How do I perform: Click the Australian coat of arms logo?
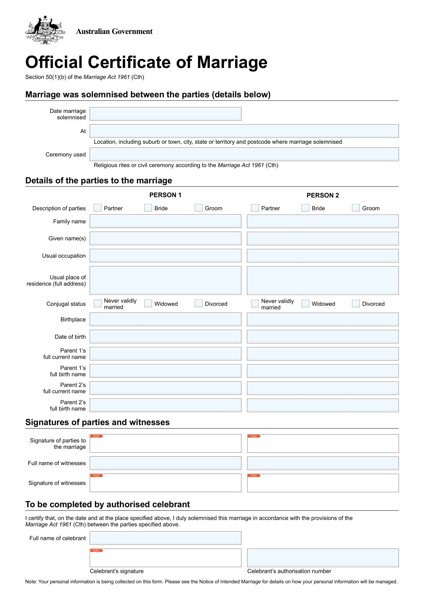click(45, 30)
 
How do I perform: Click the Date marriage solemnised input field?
click(165, 114)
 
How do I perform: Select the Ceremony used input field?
click(244, 154)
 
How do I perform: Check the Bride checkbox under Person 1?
click(148, 208)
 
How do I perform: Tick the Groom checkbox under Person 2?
click(356, 208)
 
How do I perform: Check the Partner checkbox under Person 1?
click(98, 208)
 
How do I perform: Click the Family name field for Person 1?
click(165, 221)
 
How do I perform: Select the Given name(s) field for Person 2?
click(323, 239)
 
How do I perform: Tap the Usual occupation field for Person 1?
click(165, 256)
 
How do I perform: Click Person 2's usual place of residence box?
click(323, 280)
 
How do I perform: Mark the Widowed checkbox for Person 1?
click(148, 304)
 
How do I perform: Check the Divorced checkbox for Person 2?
click(356, 304)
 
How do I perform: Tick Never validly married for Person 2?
click(255, 304)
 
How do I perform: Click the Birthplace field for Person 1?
click(165, 319)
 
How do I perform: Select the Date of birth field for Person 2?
click(323, 337)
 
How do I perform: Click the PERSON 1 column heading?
click(165, 195)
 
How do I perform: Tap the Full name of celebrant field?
click(165, 538)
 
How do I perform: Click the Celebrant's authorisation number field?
click(323, 558)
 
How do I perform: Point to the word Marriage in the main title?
click(232, 62)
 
